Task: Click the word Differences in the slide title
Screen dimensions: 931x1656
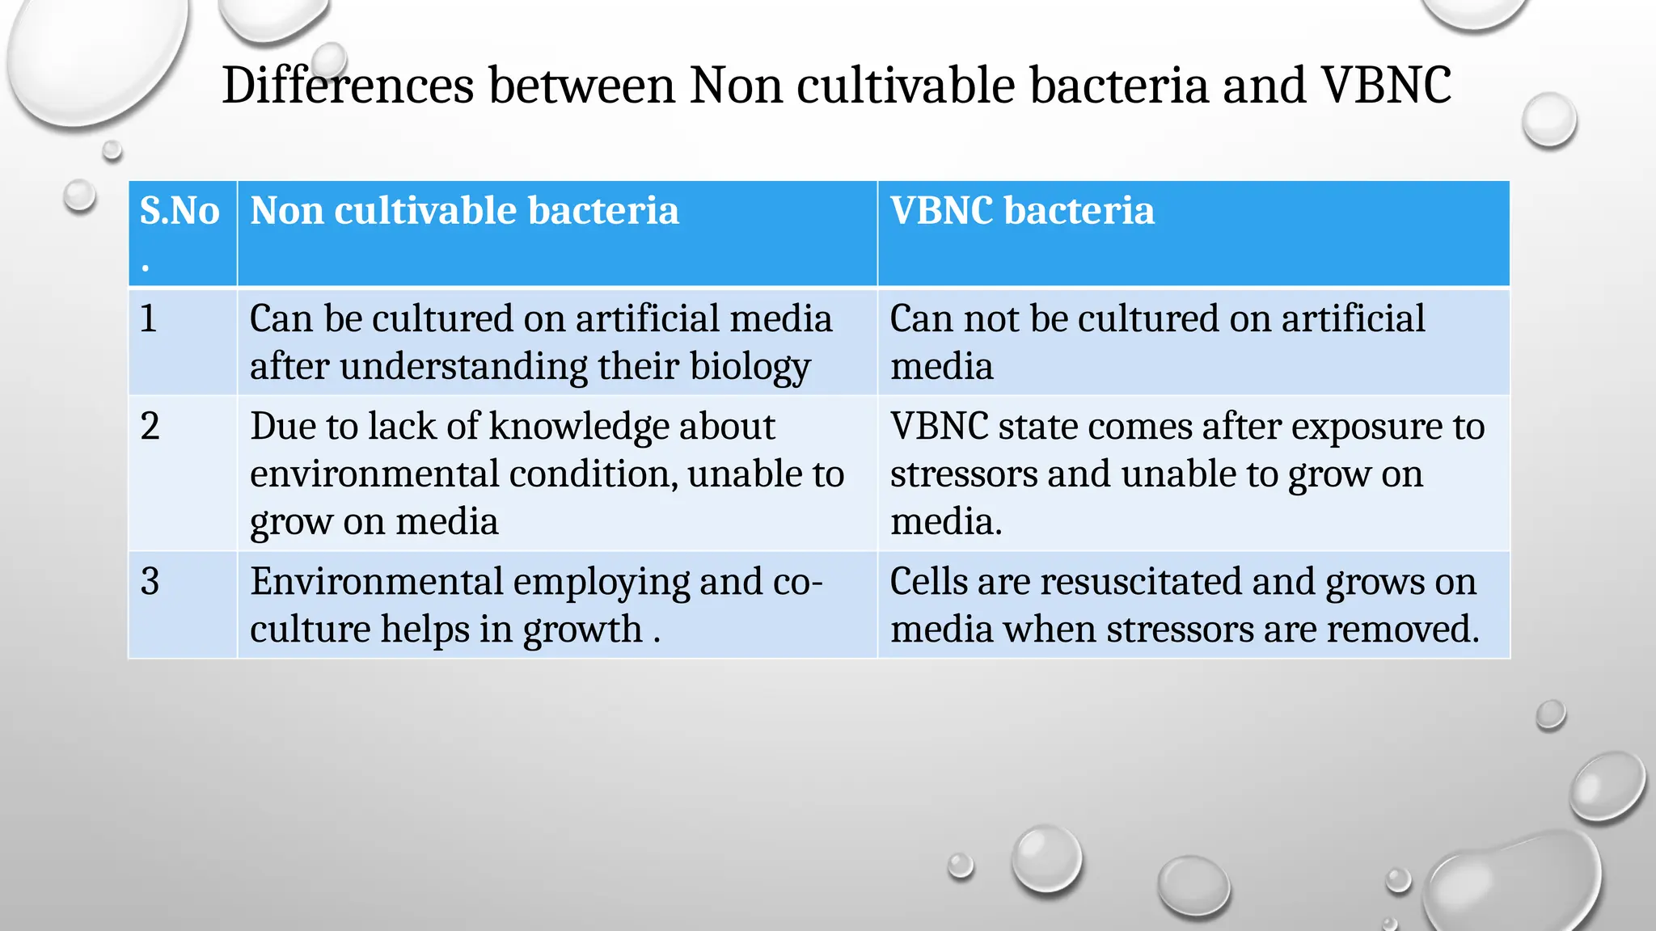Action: click(348, 86)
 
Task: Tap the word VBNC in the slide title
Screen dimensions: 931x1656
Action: click(1386, 86)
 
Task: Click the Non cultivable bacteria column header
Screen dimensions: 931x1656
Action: click(464, 211)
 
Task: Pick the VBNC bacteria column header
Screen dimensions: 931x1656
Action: click(1022, 211)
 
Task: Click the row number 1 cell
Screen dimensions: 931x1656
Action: click(149, 318)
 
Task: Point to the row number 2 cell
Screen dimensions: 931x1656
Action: click(150, 427)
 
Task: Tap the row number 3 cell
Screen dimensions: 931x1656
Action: click(150, 582)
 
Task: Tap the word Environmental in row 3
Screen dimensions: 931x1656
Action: click(377, 582)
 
